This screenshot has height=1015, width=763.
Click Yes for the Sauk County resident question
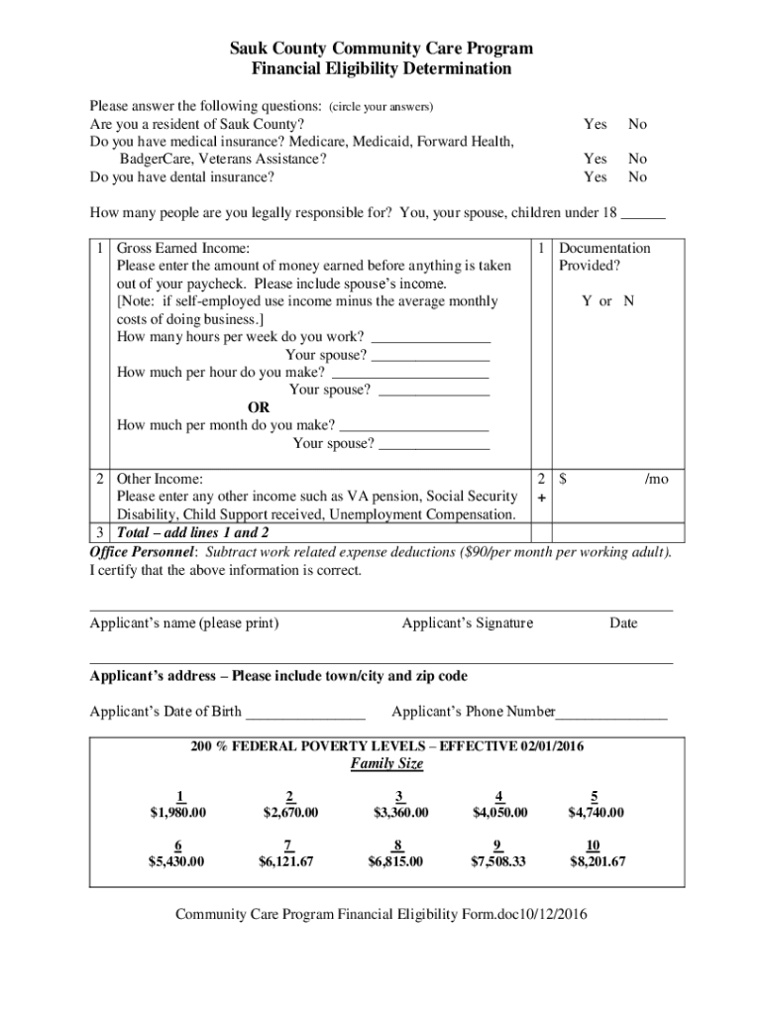[595, 124]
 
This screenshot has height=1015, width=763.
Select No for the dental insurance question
[637, 177]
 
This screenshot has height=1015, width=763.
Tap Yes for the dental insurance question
[595, 177]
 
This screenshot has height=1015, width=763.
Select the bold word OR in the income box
[259, 407]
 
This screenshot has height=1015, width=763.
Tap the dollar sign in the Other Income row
[563, 479]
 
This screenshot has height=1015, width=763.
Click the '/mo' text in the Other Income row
[656, 479]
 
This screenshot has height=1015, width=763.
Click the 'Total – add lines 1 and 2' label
[192, 532]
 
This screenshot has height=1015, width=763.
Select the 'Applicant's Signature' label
[467, 623]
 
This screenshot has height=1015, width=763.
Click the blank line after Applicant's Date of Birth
[305, 713]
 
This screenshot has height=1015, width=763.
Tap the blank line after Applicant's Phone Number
[611, 713]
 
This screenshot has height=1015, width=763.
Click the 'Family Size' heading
[386, 764]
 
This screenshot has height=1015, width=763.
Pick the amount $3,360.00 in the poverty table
[400, 813]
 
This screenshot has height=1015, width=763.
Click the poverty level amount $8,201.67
[597, 861]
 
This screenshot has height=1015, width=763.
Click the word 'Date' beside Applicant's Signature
[623, 623]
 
